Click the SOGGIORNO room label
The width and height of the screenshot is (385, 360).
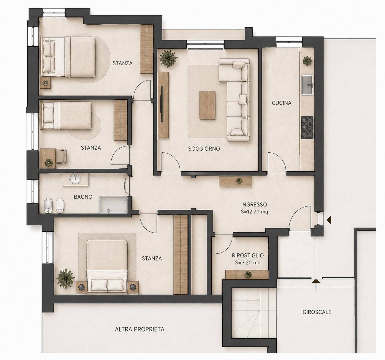tap(204, 149)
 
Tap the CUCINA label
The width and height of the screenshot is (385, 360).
tap(281, 103)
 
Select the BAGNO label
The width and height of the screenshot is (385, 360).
tap(83, 197)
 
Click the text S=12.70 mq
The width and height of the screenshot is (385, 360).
tap(254, 212)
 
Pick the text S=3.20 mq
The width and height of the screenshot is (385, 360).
tap(248, 263)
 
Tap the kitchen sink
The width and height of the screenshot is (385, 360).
tap(307, 85)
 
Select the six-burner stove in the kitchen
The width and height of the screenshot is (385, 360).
tap(307, 127)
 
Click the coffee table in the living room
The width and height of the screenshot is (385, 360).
tap(207, 105)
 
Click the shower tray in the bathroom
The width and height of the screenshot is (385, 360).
tap(113, 205)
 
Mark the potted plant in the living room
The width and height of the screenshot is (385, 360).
tap(168, 58)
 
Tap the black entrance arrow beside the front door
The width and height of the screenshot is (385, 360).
tap(329, 220)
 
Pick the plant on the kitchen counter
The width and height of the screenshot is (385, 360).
tap(307, 61)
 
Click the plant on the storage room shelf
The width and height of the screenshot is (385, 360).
tap(248, 275)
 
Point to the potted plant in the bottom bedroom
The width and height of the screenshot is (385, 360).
tap(65, 279)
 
